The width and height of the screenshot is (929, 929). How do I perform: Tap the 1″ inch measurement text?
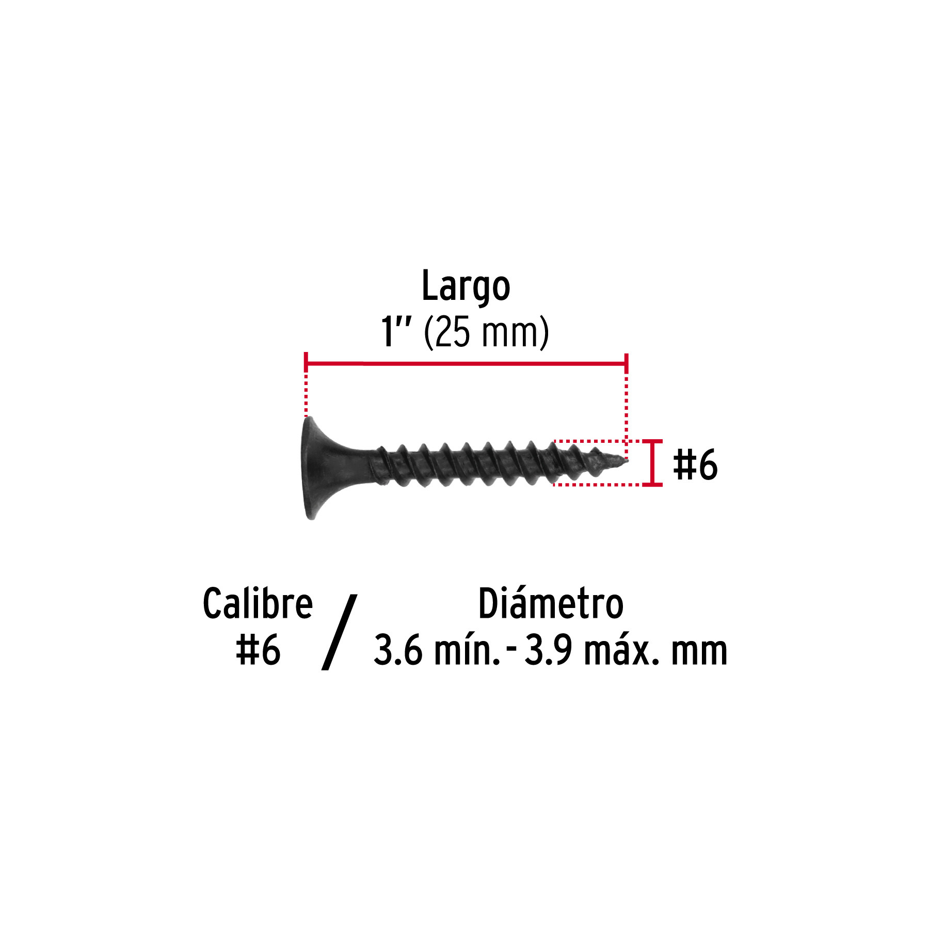point(396,331)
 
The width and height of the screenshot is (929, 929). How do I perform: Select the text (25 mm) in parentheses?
point(486,333)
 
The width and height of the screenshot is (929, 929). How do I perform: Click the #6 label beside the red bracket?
point(695,464)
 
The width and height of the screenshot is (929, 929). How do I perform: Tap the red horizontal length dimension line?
point(466,364)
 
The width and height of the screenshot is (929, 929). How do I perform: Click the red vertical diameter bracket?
point(654,463)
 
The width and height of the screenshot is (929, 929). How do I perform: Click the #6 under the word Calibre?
point(258,650)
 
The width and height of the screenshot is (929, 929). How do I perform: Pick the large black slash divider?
point(339,632)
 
